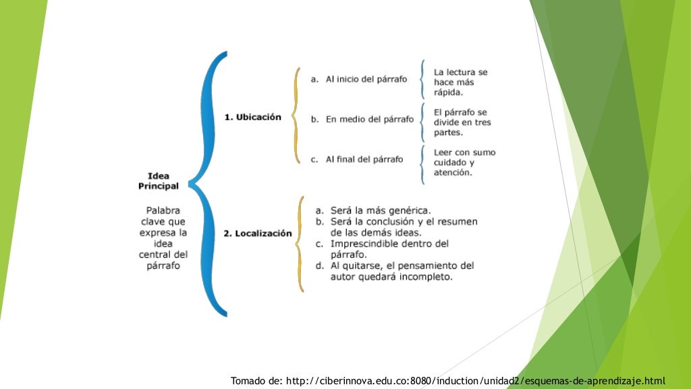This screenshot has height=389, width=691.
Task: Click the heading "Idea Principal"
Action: tap(159, 180)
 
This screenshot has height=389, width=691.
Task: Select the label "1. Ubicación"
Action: tap(252, 117)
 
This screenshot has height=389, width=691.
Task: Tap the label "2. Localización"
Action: tap(258, 234)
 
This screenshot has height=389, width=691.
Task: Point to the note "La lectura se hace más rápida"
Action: tap(460, 82)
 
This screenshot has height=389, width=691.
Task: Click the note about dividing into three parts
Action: tap(462, 122)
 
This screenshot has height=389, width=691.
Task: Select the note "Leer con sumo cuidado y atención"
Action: tap(464, 162)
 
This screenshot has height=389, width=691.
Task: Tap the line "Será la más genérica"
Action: tap(381, 210)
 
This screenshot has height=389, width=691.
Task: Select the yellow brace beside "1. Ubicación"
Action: tap(296, 115)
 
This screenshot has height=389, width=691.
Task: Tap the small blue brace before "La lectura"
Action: tap(422, 80)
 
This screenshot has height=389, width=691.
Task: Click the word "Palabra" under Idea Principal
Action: tap(163, 210)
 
